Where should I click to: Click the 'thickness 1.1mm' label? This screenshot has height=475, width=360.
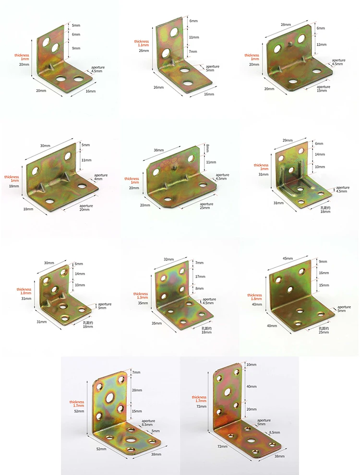pyautogui.click(x=142, y=43)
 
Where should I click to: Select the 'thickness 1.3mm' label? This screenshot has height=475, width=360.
pyautogui.click(x=141, y=296)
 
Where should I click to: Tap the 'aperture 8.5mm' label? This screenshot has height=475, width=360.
pyautogui.click(x=148, y=423)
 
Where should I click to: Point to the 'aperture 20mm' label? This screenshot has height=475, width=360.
pyautogui.click(x=86, y=207)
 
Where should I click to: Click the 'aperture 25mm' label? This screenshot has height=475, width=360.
pyautogui.click(x=206, y=206)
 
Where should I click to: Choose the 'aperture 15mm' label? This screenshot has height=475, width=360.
pyautogui.click(x=324, y=88)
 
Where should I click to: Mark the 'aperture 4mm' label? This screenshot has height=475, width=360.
pyautogui.click(x=101, y=177)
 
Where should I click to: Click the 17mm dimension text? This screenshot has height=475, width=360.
pyautogui.click(x=200, y=276)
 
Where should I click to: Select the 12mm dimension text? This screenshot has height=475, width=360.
pyautogui.click(x=322, y=45)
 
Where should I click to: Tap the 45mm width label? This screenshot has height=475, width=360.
pyautogui.click(x=288, y=259)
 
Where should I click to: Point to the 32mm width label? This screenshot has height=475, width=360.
pyautogui.click(x=169, y=259)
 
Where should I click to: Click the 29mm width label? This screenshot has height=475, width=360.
pyautogui.click(x=287, y=140)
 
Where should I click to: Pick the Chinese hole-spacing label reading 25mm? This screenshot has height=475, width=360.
pyautogui.click(x=324, y=330)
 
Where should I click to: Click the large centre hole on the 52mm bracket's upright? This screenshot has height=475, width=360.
pyautogui.click(x=110, y=397)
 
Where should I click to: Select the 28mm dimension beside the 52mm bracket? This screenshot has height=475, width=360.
pyautogui.click(x=137, y=390)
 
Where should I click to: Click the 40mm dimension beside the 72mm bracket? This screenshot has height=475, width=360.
pyautogui.click(x=252, y=387)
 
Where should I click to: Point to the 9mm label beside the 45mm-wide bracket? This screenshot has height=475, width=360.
pyautogui.click(x=323, y=261)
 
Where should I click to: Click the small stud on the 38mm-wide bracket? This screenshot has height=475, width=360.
pyautogui.click(x=175, y=167)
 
